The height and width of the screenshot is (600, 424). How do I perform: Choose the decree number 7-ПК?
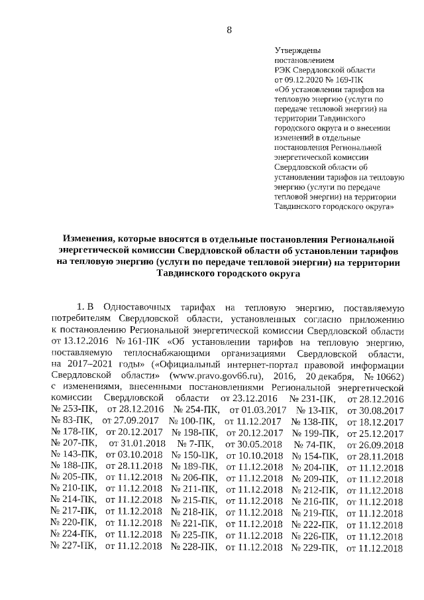pos(191,444)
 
